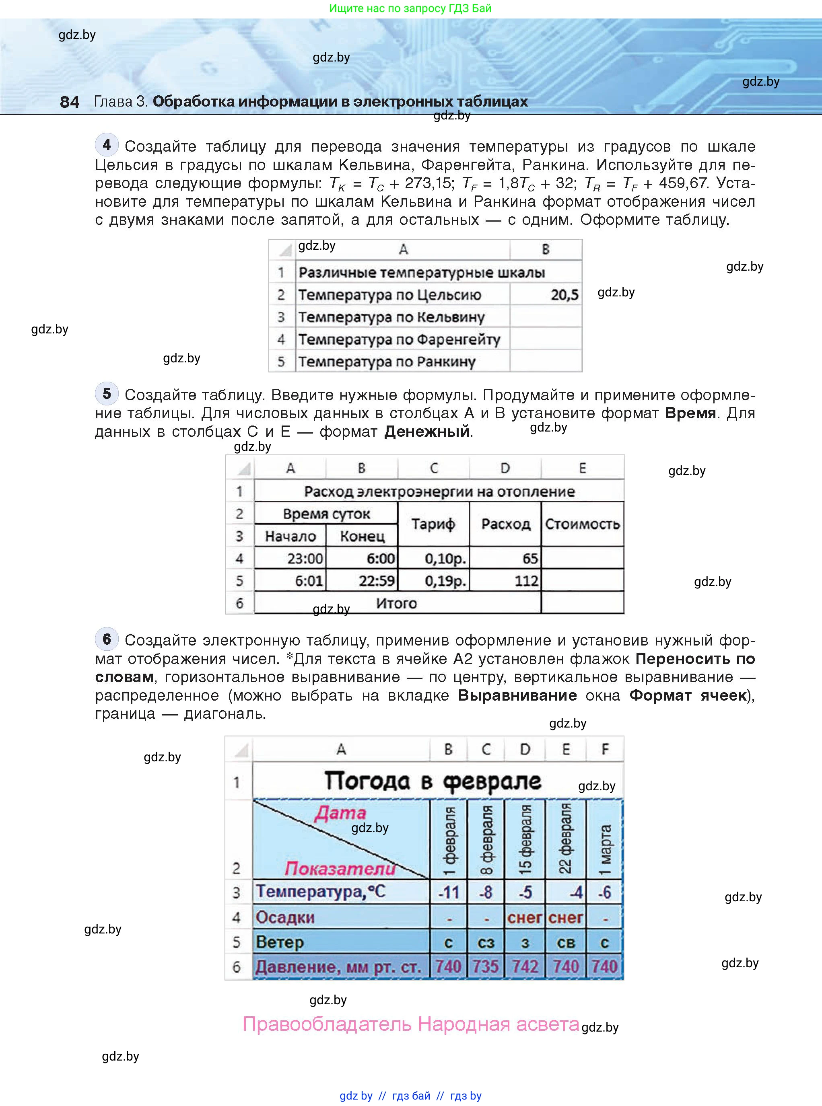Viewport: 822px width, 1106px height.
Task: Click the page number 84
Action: (x=69, y=102)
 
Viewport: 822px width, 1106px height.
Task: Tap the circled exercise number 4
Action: (x=107, y=145)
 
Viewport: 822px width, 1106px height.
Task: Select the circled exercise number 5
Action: (x=107, y=393)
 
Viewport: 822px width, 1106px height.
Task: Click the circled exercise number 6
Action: (x=107, y=639)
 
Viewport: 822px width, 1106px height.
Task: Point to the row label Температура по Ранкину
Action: (x=387, y=362)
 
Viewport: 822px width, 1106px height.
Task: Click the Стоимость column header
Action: (x=582, y=524)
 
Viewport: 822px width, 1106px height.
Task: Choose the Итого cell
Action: (x=397, y=603)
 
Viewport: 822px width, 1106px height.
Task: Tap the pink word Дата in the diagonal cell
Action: (x=340, y=812)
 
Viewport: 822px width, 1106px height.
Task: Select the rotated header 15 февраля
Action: (x=525, y=840)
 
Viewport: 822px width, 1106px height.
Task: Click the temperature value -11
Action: (x=448, y=892)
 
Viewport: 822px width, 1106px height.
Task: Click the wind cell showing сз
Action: (x=486, y=942)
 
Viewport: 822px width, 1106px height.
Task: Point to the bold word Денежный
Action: (x=427, y=431)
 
